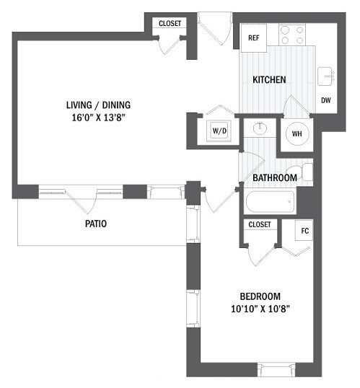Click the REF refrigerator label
(x=253, y=38)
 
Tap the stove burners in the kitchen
(x=291, y=35)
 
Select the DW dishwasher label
(x=326, y=100)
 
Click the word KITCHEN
(x=269, y=79)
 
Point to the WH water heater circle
(x=297, y=134)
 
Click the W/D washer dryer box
(x=219, y=131)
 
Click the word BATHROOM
(x=275, y=177)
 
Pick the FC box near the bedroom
(x=305, y=231)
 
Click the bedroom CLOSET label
(x=260, y=224)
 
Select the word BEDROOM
(x=259, y=296)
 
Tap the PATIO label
(x=95, y=224)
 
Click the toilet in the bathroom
(x=307, y=172)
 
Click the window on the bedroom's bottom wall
(x=273, y=371)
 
